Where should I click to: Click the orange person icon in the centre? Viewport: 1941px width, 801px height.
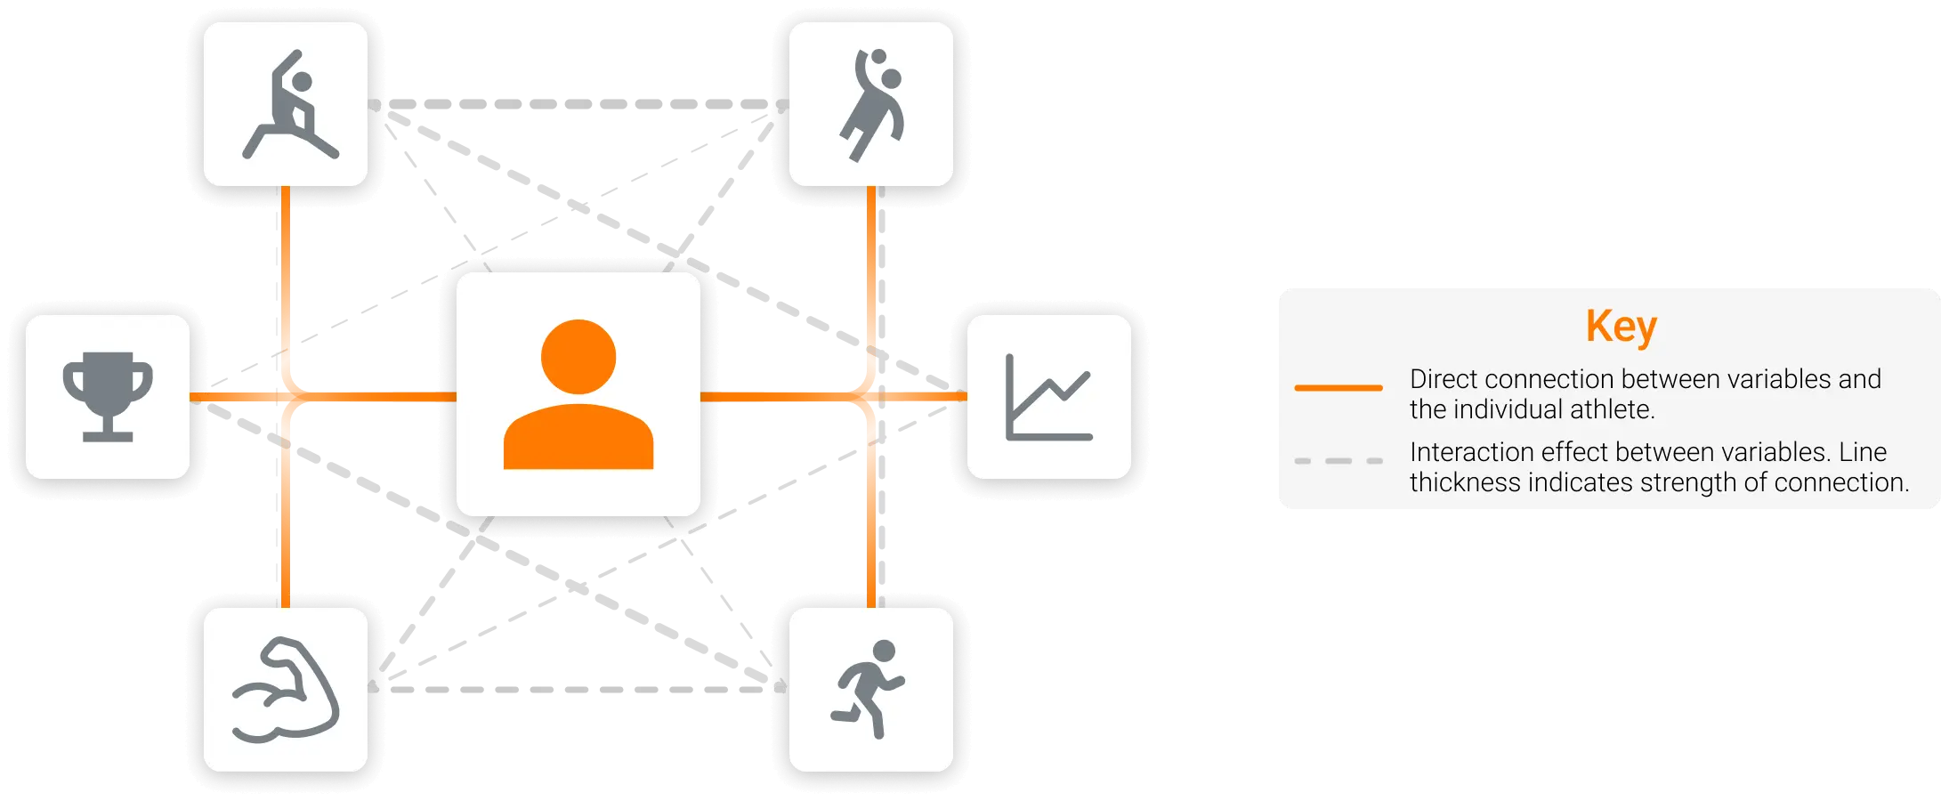[578, 394]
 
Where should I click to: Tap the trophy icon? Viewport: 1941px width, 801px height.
[108, 396]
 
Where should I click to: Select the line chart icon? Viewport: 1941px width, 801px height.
[1048, 397]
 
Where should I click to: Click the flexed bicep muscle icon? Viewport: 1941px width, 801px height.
[286, 690]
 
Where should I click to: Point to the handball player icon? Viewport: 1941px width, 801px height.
[872, 105]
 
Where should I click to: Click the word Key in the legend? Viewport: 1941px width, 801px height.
[1621, 327]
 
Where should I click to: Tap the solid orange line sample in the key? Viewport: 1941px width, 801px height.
[1338, 388]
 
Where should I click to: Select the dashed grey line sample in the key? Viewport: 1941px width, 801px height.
[1338, 461]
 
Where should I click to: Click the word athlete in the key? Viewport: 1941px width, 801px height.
[1610, 409]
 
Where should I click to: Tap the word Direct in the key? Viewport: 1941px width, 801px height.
[1444, 379]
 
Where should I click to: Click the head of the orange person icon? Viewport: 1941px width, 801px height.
[578, 356]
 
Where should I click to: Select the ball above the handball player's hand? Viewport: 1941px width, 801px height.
[878, 57]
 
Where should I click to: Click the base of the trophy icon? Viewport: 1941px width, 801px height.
[108, 436]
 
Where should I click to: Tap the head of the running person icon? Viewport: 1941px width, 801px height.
[885, 651]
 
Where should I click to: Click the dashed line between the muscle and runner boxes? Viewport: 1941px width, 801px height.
[578, 690]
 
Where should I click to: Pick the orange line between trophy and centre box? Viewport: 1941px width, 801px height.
[374, 396]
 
